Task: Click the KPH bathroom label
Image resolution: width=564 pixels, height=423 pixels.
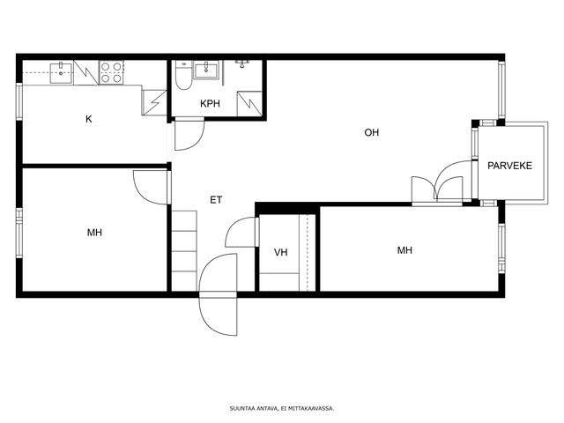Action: point(210,104)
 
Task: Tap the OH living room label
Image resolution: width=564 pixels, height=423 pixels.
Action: point(372,133)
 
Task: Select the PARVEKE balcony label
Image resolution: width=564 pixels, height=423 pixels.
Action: point(509,166)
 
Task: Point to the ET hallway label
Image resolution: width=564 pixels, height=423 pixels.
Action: point(216,200)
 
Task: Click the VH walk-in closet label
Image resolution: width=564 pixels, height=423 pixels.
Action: point(280,253)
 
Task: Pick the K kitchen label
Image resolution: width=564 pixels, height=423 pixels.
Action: point(89,119)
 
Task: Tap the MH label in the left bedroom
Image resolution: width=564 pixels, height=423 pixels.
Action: point(94,233)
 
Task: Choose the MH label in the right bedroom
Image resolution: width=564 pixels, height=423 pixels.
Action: point(404,250)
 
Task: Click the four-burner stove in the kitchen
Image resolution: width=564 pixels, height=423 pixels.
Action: point(111,72)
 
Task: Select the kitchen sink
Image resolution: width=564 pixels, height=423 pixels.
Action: point(61,72)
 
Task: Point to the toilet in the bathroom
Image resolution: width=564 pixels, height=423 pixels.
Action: point(183,75)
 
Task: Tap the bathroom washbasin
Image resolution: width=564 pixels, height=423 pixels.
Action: point(206,70)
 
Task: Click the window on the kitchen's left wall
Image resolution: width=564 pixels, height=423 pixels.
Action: point(19,101)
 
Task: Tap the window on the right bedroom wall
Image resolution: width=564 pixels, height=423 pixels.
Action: point(501,249)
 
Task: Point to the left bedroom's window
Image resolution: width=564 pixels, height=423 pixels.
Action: point(19,233)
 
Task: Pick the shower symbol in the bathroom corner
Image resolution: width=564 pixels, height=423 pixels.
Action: point(249,104)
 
